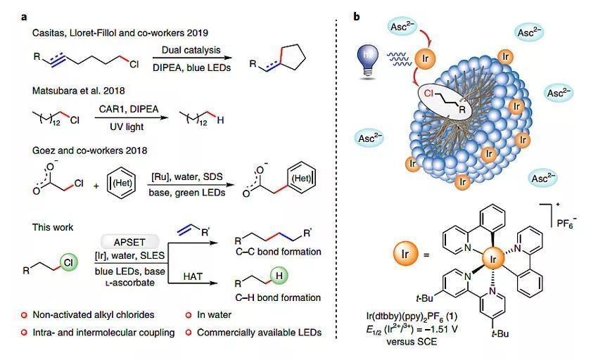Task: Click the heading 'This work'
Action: [53, 228]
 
